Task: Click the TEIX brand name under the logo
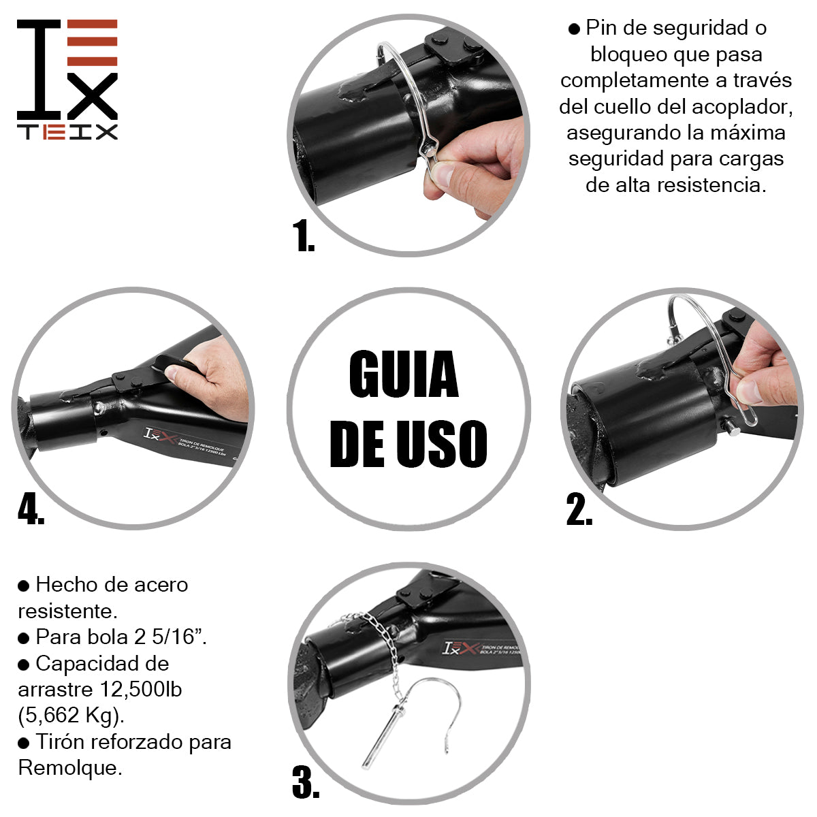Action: pyautogui.click(x=67, y=132)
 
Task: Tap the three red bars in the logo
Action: pyautogui.click(x=93, y=43)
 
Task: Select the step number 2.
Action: pyautogui.click(x=579, y=510)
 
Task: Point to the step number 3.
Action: pyautogui.click(x=306, y=783)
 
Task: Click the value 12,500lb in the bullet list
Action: pyautogui.click(x=141, y=689)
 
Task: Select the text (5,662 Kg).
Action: pyautogui.click(x=71, y=715)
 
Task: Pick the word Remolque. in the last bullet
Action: pyautogui.click(x=70, y=767)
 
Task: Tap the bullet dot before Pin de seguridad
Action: pyautogui.click(x=574, y=29)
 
